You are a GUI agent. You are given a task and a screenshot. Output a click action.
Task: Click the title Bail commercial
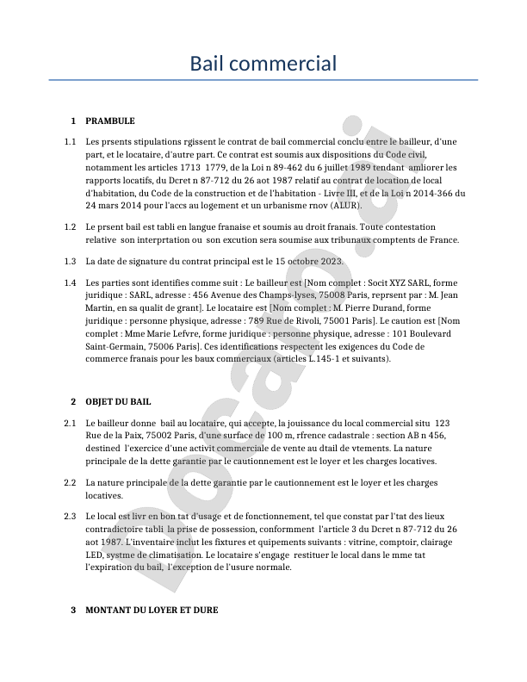(x=263, y=63)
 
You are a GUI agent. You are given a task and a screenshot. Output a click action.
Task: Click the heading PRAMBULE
(x=110, y=121)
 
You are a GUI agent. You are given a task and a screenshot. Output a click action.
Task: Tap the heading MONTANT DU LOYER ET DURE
(x=152, y=610)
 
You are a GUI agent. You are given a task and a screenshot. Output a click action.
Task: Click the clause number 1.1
(x=70, y=140)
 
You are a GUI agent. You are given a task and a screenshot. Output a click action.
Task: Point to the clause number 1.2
(x=70, y=226)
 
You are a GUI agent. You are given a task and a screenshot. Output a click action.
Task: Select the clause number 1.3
(x=70, y=261)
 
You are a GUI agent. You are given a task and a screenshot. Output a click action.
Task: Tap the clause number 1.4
(x=70, y=282)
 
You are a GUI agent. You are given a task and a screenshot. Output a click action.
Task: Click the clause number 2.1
(x=70, y=424)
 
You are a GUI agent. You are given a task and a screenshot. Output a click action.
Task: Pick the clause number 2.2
(x=70, y=483)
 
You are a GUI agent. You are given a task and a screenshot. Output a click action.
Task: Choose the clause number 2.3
(x=70, y=516)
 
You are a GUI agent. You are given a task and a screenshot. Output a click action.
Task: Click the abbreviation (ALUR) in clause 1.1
(x=343, y=206)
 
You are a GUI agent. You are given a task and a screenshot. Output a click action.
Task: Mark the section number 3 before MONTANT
(x=74, y=610)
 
